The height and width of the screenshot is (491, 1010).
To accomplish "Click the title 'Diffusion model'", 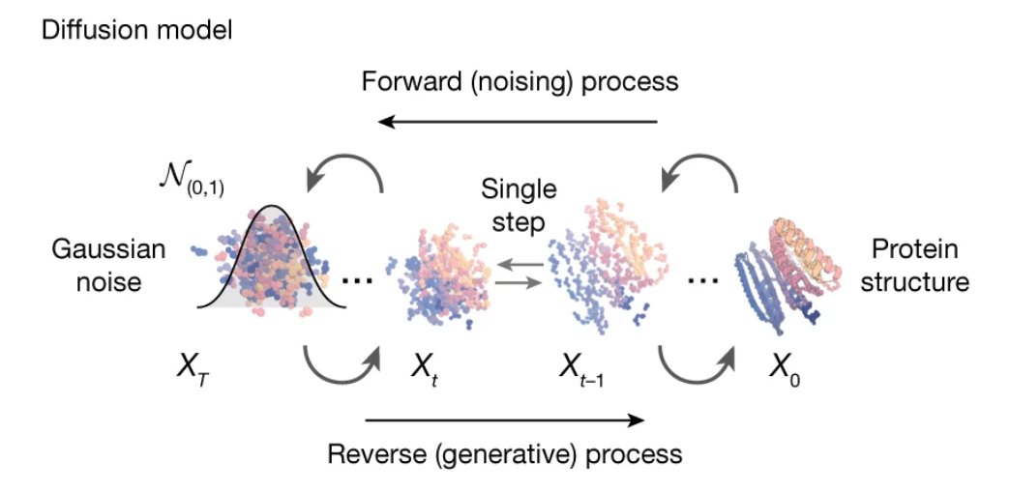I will click(x=136, y=30).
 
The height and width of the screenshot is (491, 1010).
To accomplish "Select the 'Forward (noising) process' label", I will click(x=520, y=80).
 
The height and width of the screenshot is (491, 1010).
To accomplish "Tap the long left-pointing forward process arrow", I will click(x=519, y=122).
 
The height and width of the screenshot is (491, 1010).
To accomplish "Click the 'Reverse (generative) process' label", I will click(x=505, y=452).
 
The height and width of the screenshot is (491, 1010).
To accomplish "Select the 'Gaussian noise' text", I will click(x=108, y=267).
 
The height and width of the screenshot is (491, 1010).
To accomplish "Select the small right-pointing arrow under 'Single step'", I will click(x=519, y=282).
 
